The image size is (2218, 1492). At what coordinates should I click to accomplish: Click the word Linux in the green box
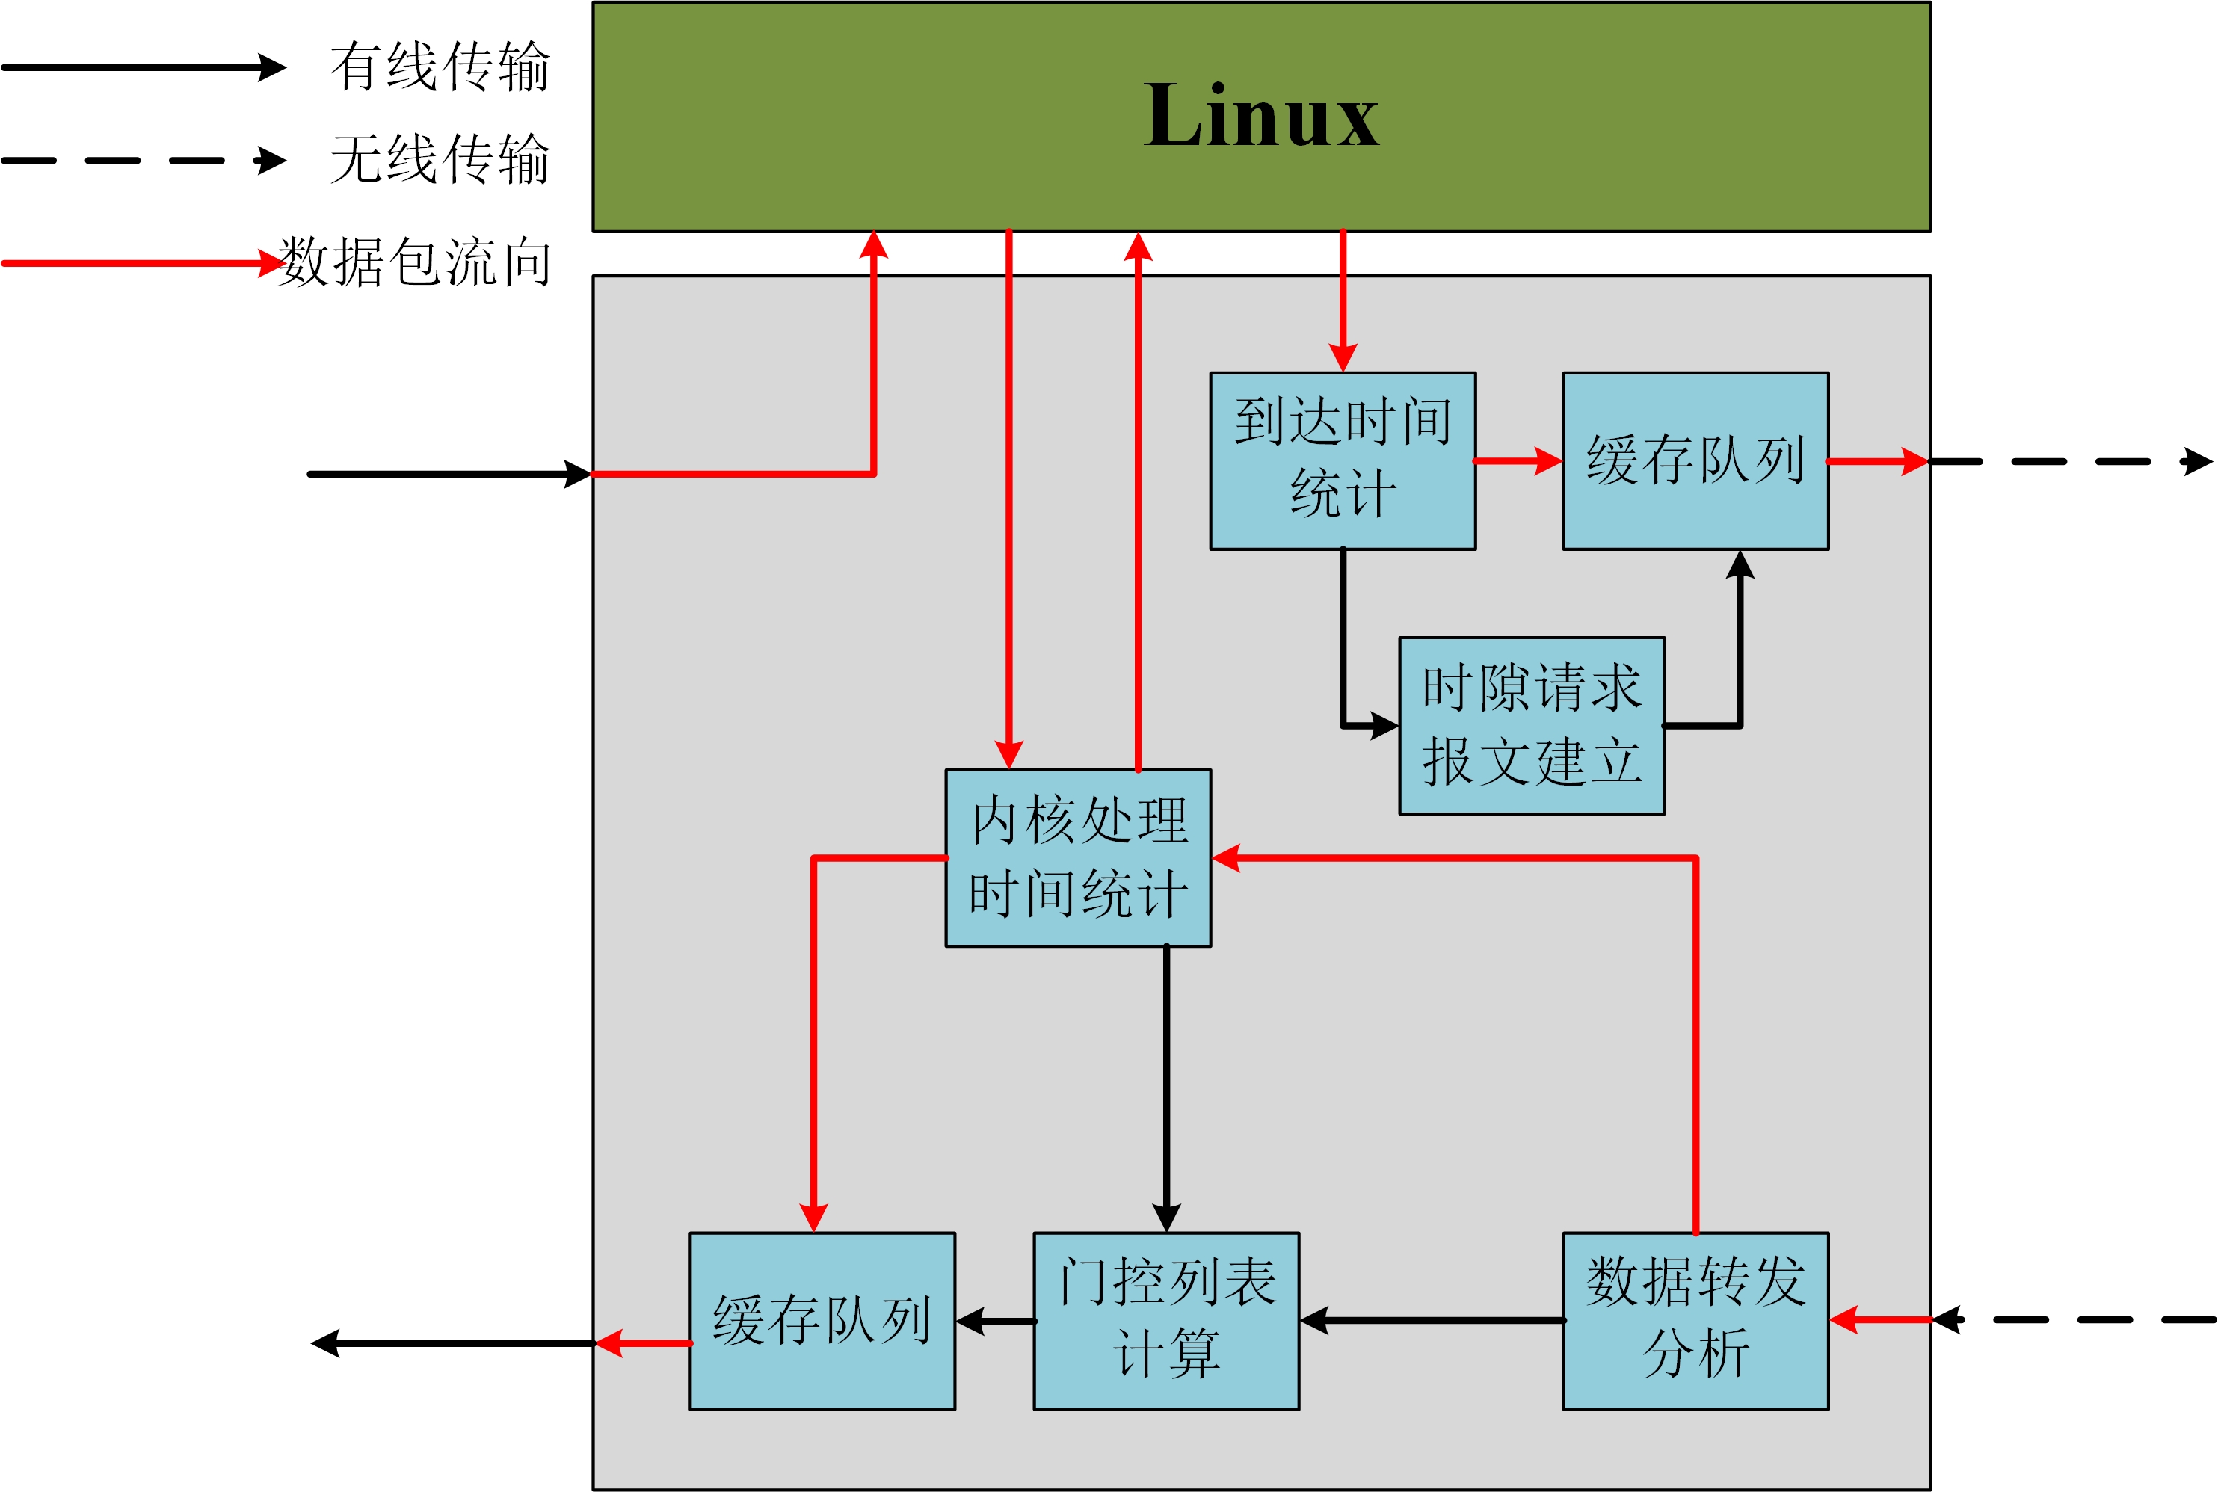(1261, 116)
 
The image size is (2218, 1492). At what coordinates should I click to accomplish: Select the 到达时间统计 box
(1342, 460)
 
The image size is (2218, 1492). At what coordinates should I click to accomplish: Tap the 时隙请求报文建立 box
(1531, 725)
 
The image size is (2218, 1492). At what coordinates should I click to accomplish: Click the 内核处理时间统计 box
(1077, 857)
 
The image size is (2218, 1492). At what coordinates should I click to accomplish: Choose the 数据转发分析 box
(1695, 1320)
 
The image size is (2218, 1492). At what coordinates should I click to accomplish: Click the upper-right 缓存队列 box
(1695, 460)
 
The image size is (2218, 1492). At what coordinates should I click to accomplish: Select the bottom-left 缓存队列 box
(822, 1320)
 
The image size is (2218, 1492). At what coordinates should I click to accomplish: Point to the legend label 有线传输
(440, 67)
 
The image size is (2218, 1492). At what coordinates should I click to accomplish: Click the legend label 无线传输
(440, 159)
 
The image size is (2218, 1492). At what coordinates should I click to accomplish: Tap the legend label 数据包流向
(415, 262)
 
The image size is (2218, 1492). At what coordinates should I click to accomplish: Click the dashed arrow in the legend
(143, 161)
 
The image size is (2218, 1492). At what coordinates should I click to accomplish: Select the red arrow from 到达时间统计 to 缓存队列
(1518, 461)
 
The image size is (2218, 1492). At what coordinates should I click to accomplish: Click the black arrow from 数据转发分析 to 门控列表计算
(1432, 1320)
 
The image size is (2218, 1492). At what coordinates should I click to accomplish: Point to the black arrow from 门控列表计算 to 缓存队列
(995, 1321)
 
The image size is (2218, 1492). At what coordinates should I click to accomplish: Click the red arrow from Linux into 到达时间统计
(1342, 300)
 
